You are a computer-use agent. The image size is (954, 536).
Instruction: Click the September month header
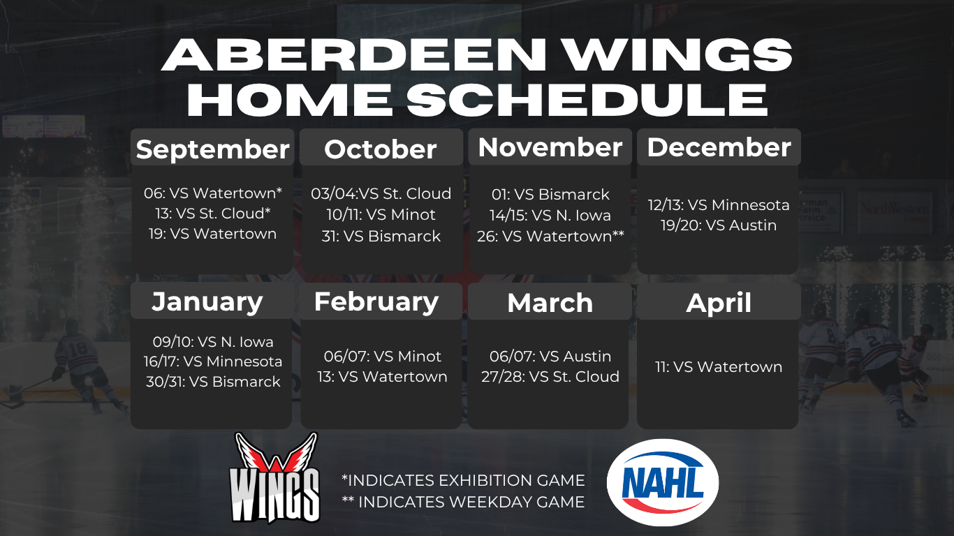pyautogui.click(x=212, y=149)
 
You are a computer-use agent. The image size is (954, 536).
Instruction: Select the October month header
pyautogui.click(x=381, y=149)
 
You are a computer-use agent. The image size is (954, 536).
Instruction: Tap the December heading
pyautogui.click(x=719, y=147)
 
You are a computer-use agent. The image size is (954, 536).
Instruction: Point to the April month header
pyautogui.click(x=719, y=303)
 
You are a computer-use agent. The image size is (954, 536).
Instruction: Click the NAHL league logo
pyautogui.click(x=663, y=482)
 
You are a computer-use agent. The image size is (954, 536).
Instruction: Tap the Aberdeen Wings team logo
pyautogui.click(x=274, y=478)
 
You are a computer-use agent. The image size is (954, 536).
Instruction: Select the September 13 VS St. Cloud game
pyautogui.click(x=213, y=214)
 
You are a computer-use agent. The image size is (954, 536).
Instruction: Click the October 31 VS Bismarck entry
pyautogui.click(x=381, y=237)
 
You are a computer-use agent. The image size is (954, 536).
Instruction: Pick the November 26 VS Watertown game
pyautogui.click(x=550, y=237)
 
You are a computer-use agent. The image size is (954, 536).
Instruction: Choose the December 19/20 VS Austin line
pyautogui.click(x=719, y=225)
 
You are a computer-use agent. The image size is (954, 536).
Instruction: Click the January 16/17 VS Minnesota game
pyautogui.click(x=213, y=362)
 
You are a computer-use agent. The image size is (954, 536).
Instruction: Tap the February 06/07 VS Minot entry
pyautogui.click(x=382, y=357)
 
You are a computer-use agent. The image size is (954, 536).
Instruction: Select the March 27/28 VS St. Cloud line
pyautogui.click(x=550, y=376)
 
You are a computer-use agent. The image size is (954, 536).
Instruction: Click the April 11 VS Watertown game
pyautogui.click(x=719, y=366)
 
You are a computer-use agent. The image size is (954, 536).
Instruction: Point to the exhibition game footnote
pyautogui.click(x=463, y=480)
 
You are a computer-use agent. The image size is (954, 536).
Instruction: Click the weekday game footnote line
pyautogui.click(x=463, y=502)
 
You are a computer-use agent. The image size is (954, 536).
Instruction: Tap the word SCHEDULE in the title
pyautogui.click(x=587, y=99)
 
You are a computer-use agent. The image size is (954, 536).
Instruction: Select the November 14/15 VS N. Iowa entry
pyautogui.click(x=550, y=216)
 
